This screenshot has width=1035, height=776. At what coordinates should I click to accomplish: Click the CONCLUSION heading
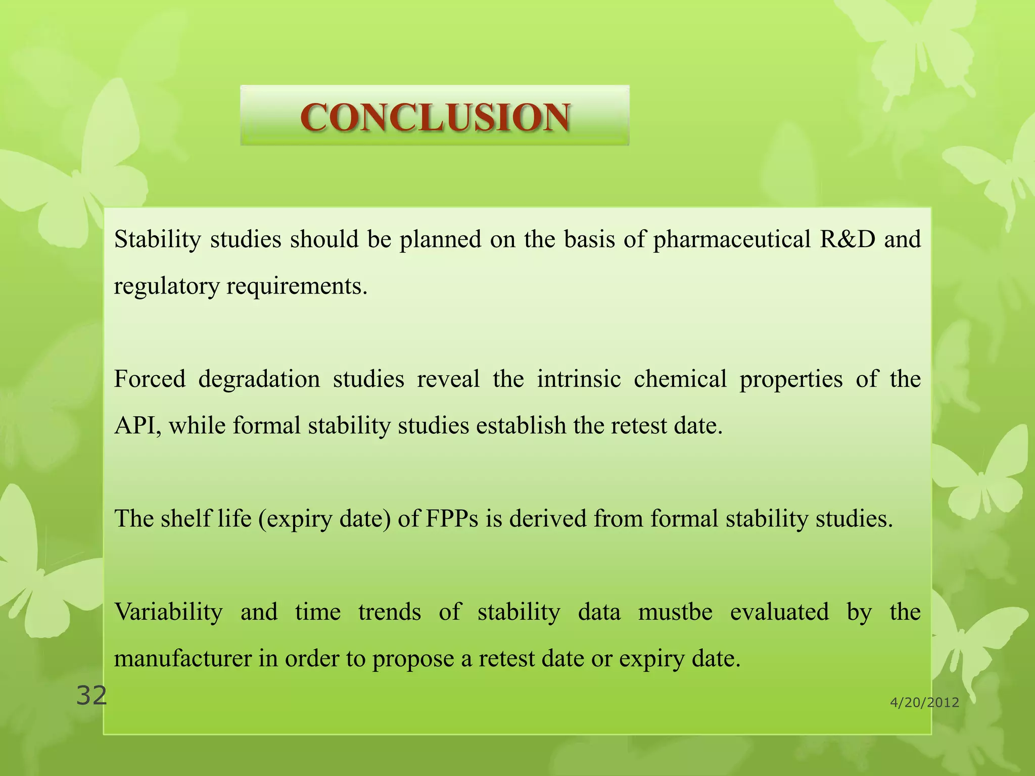435,117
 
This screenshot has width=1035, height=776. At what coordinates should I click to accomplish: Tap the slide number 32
91,696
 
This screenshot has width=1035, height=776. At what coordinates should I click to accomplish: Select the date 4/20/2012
924,702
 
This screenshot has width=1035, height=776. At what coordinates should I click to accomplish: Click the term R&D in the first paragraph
847,239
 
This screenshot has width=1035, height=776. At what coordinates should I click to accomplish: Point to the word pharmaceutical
731,239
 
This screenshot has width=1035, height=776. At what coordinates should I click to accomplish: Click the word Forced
150,379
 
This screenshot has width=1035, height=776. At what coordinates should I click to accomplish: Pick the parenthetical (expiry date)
325,519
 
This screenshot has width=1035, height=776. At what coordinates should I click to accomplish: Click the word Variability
168,612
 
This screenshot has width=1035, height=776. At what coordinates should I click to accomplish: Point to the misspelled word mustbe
675,612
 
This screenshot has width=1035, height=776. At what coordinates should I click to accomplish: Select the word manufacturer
182,659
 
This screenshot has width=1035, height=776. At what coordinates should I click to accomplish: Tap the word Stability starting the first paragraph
157,239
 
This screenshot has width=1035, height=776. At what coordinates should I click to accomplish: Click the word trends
389,612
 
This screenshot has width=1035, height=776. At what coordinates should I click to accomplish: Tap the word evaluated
779,612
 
